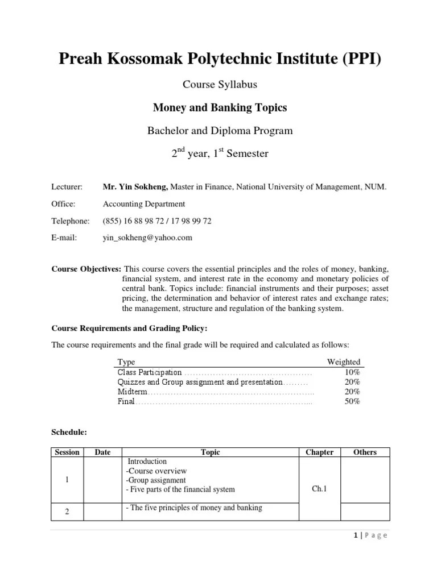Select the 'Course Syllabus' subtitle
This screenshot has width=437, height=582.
[x=220, y=84]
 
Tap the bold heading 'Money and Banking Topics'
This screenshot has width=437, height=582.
[x=220, y=107]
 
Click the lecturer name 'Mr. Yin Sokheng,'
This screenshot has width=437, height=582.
[x=134, y=186]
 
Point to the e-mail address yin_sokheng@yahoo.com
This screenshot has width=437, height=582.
[x=147, y=238]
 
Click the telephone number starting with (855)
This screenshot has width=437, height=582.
[x=157, y=221]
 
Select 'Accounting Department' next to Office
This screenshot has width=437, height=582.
[x=143, y=203]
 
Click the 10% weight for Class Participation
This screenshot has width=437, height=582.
[x=352, y=372]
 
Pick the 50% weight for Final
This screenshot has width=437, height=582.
[x=352, y=401]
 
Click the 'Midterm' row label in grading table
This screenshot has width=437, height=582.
[x=133, y=392]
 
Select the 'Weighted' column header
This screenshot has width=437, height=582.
[x=343, y=361]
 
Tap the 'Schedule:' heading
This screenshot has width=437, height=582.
[x=69, y=433]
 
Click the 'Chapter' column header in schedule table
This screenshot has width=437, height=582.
[x=319, y=452]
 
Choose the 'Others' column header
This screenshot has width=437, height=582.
[x=365, y=452]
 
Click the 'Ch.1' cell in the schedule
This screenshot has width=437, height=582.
[x=319, y=487]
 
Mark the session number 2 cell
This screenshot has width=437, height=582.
[x=67, y=512]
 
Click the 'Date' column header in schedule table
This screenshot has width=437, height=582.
[x=102, y=452]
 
